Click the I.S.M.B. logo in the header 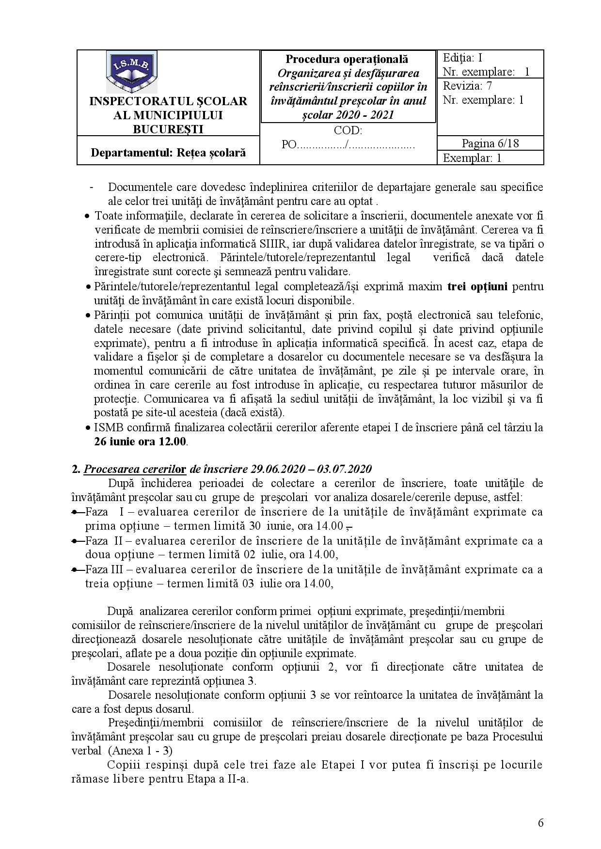[x=131, y=71]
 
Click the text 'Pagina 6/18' [x=490, y=143]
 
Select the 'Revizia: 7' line [x=467, y=86]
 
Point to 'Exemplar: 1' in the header [x=472, y=158]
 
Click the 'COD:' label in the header [x=348, y=130]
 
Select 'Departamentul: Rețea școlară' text [x=168, y=152]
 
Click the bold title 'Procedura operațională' [x=347, y=59]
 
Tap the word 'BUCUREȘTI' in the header [x=168, y=129]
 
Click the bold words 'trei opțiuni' [x=477, y=286]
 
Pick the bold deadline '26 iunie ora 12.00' [x=140, y=441]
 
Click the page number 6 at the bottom [x=540, y=823]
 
